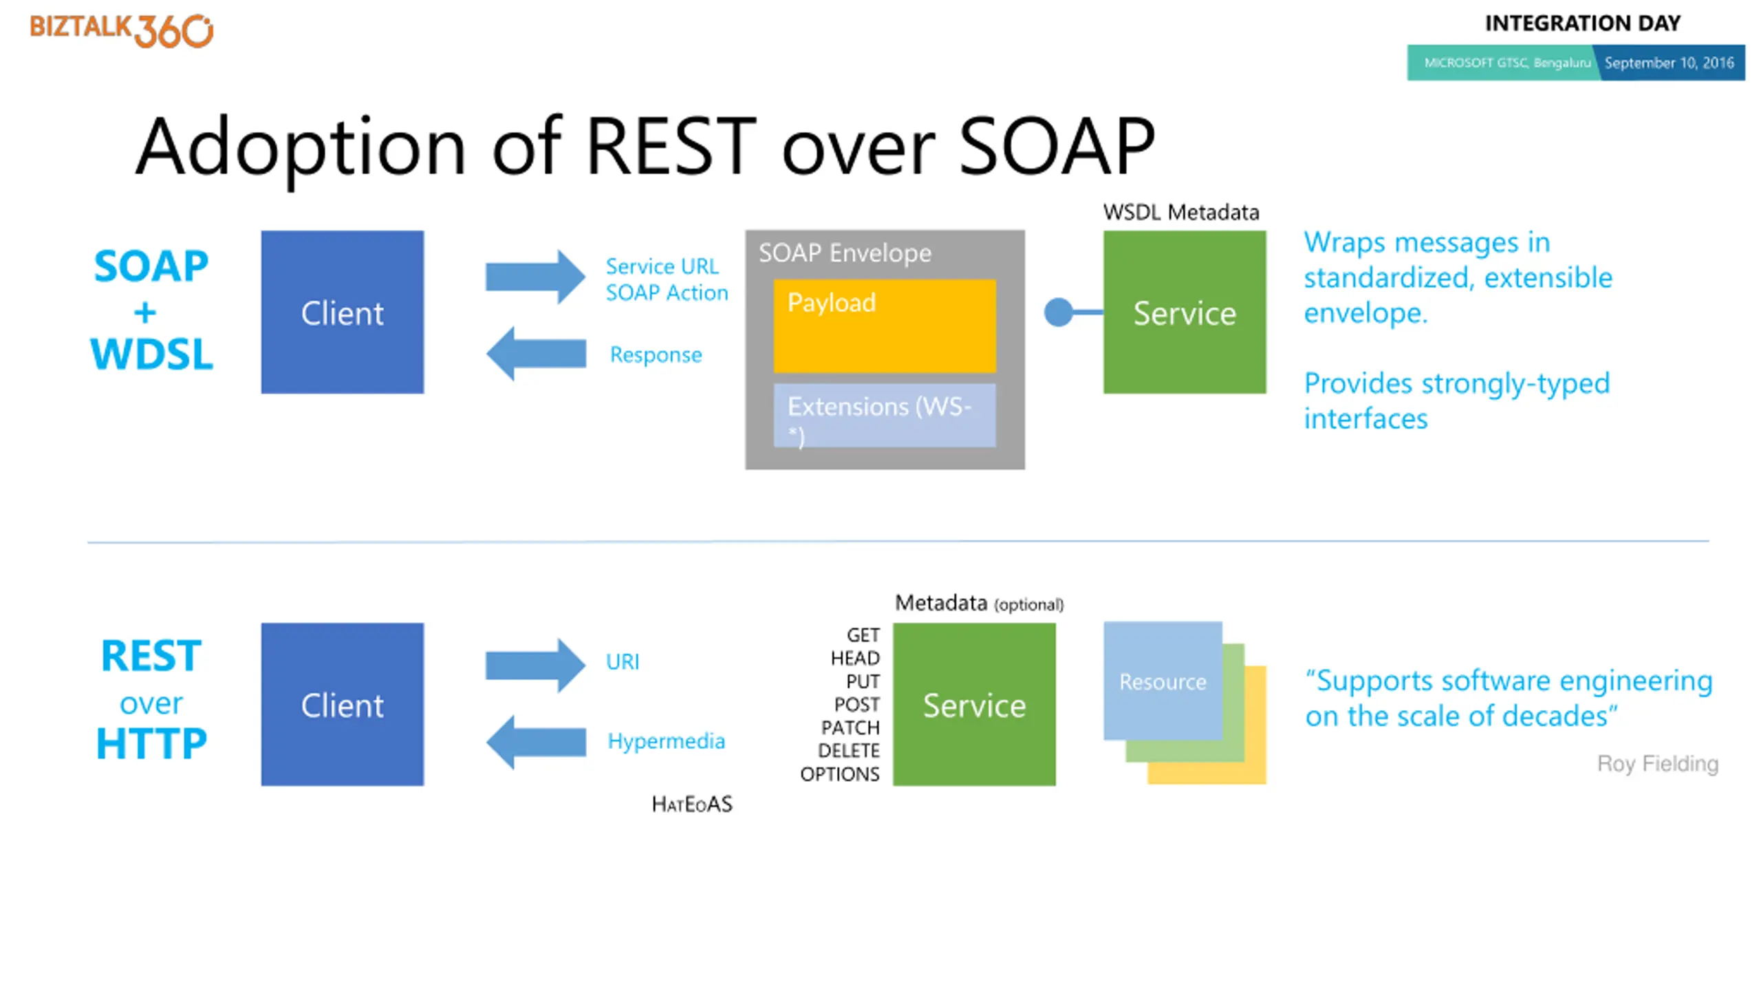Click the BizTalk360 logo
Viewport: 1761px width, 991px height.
[121, 30]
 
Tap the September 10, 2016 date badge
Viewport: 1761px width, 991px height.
[1669, 63]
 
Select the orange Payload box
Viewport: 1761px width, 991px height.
[885, 326]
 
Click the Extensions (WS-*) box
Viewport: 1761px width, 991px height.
[885, 415]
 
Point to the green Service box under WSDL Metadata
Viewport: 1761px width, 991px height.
[1185, 312]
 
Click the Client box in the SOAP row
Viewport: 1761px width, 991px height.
[343, 312]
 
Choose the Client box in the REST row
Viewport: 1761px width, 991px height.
[343, 704]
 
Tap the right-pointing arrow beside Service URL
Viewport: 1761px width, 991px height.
[535, 277]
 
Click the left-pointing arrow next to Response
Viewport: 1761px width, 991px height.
[536, 354]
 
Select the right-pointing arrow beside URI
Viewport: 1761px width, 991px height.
[535, 665]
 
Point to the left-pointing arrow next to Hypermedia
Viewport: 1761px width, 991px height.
[536, 742]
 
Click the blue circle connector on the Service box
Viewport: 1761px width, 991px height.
[1059, 312]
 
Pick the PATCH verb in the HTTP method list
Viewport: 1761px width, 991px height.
[850, 727]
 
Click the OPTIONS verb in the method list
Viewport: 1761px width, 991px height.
[840, 774]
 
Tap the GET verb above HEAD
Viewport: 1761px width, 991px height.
[863, 635]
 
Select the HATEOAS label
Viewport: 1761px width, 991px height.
[692, 804]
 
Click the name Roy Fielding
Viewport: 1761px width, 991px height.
[1658, 763]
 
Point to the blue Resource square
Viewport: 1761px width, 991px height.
[1163, 681]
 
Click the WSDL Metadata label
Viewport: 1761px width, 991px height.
[1181, 212]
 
